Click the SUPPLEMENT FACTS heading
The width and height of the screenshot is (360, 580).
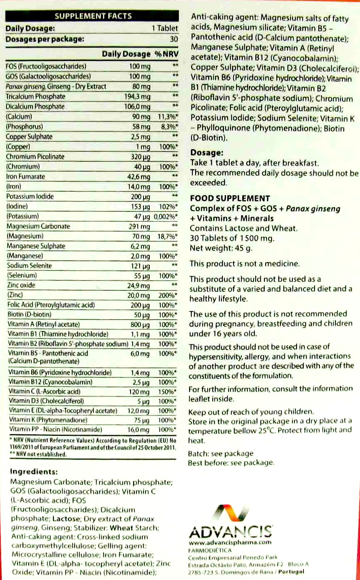pyautogui.click(x=93, y=16)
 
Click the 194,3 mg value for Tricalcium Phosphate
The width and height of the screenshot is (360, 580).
pyautogui.click(x=140, y=97)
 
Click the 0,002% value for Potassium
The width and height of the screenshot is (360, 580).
pyautogui.click(x=166, y=216)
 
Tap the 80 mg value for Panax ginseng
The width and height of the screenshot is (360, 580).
pyautogui.click(x=142, y=87)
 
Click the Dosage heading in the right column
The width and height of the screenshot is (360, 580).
pyautogui.click(x=207, y=153)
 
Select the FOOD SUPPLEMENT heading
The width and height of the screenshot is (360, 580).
pyautogui.click(x=230, y=198)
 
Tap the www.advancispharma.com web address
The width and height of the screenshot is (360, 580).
pyautogui.click(x=230, y=542)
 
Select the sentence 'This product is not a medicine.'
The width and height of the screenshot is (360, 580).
pyautogui.click(x=244, y=264)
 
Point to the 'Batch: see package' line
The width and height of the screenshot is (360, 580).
pyautogui.click(x=221, y=454)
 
